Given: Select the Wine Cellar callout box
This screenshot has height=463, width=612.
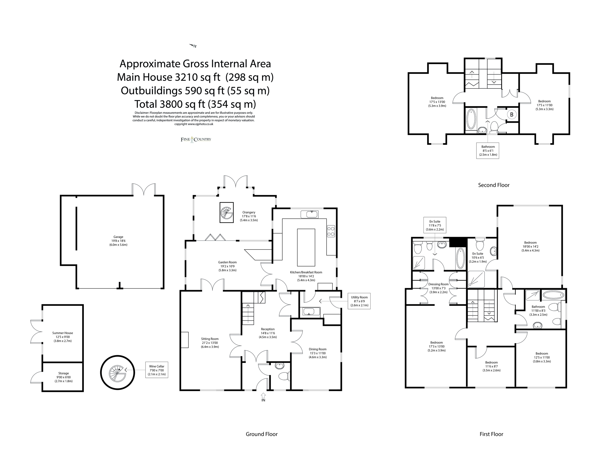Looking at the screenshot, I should point(157,370).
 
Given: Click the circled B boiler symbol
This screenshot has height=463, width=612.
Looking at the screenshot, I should point(511,114).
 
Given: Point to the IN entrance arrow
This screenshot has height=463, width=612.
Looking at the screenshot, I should point(263,396).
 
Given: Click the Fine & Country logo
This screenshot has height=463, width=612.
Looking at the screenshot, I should point(196,139).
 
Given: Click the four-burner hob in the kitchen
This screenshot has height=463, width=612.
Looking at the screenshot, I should point(331,231).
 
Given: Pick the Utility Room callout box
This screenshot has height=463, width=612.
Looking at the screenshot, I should point(359,301).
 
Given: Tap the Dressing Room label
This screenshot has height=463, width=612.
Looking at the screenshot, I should point(438,284).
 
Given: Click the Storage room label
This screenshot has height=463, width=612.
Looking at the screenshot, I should point(63,373).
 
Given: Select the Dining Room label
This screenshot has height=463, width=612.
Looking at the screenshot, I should point(318,349).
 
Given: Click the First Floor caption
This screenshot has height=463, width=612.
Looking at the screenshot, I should point(491,434).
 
